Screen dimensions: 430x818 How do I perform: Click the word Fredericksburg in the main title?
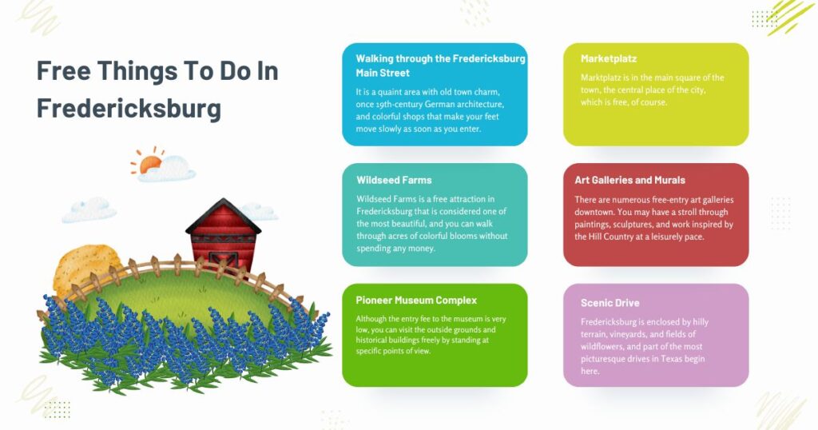129,108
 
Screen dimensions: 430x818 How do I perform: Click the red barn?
223,240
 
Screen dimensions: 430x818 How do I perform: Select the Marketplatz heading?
609,59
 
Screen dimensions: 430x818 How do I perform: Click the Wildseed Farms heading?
394,181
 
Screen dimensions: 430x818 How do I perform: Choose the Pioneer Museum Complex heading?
416,301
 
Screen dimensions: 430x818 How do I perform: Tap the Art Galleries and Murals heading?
629,181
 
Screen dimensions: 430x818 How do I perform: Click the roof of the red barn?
223,214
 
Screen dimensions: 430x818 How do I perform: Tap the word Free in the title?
63,71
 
